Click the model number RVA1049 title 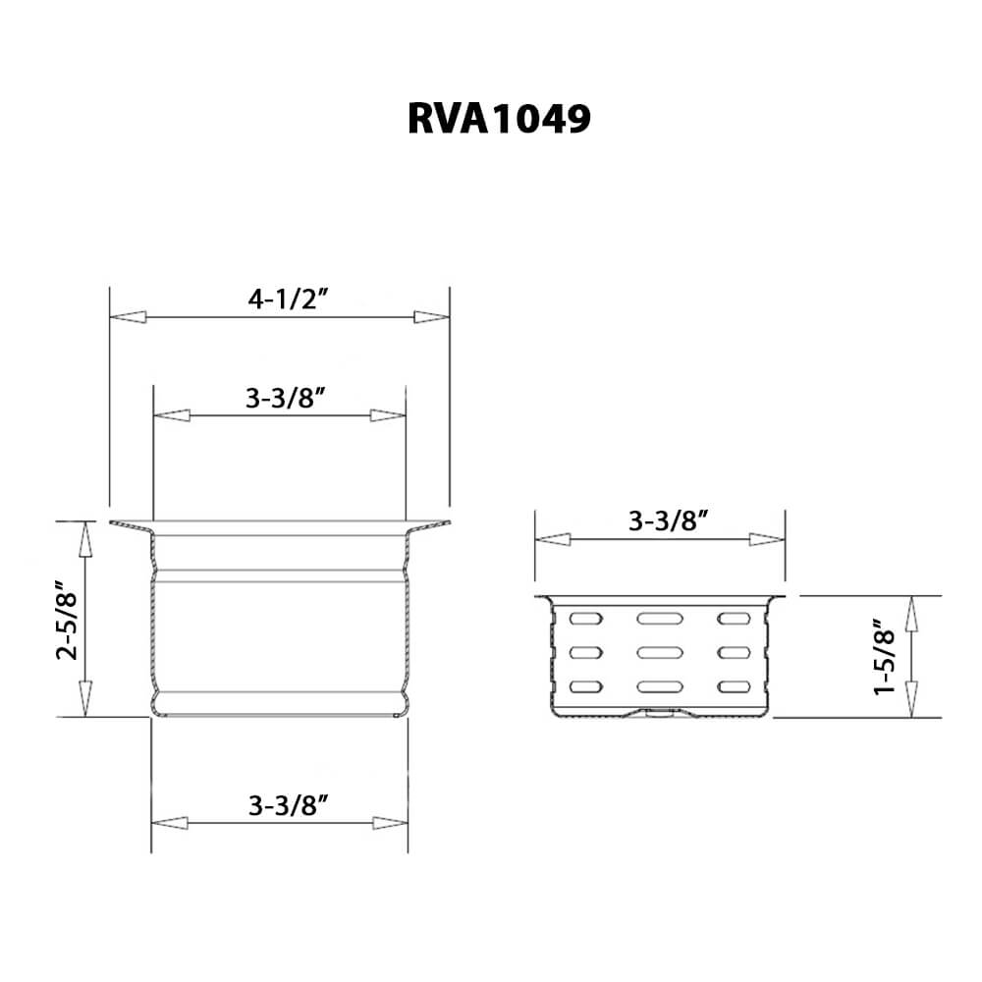tap(499, 119)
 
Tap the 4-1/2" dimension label tap(287, 301)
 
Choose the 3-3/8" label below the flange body tap(288, 806)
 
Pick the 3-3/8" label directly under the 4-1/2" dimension tap(286, 399)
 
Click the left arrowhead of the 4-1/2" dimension tap(128, 317)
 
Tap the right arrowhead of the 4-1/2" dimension tap(430, 317)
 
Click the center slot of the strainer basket tap(659, 651)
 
